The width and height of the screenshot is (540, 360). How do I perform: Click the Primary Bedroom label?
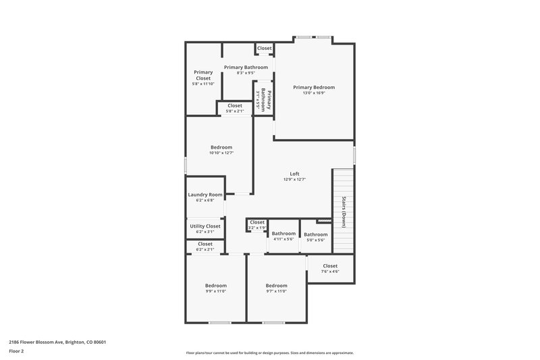pyautogui.click(x=313, y=87)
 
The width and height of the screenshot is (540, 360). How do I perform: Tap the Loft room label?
pyautogui.click(x=294, y=174)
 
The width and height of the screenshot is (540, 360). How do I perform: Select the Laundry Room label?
pyautogui.click(x=205, y=195)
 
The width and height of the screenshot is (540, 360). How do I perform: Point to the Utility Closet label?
pyautogui.click(x=205, y=226)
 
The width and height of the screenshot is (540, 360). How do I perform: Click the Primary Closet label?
pyautogui.click(x=203, y=75)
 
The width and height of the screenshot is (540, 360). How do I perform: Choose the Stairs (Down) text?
pyautogui.click(x=344, y=211)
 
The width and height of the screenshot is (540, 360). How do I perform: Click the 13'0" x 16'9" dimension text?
pyautogui.click(x=313, y=93)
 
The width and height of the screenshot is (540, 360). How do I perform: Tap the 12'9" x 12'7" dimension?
pyautogui.click(x=294, y=180)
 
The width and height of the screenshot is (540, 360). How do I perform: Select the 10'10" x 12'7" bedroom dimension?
pyautogui.click(x=221, y=153)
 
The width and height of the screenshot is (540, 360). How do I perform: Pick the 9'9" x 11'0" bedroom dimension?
pyautogui.click(x=216, y=291)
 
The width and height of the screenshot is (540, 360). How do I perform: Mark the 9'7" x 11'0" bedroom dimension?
pyautogui.click(x=276, y=291)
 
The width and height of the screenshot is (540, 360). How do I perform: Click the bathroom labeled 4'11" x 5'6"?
pyautogui.click(x=283, y=234)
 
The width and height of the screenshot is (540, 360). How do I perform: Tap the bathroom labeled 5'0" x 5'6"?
pyautogui.click(x=316, y=234)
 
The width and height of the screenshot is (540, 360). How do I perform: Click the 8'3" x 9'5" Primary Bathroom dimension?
pyautogui.click(x=246, y=73)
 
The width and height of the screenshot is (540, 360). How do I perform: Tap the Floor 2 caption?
pyautogui.click(x=16, y=351)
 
